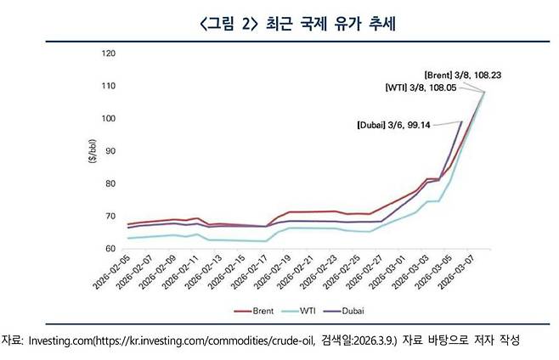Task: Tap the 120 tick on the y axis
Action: pos(108,53)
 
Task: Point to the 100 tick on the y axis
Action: pos(108,118)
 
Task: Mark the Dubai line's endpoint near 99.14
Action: pos(461,121)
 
